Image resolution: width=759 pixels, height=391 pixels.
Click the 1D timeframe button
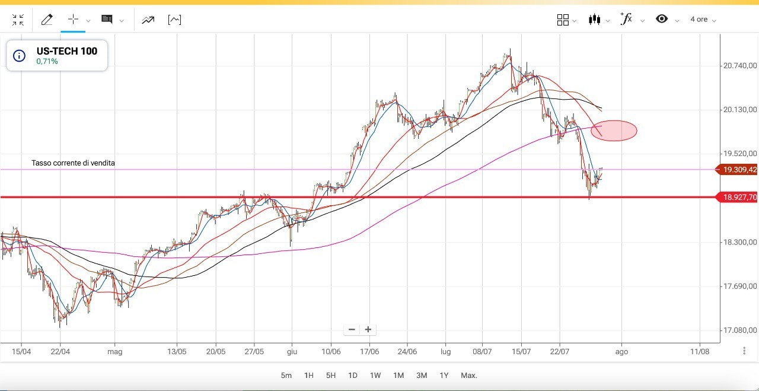click(352, 375)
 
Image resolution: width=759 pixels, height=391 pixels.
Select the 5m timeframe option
click(286, 375)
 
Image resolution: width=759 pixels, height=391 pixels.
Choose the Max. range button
click(468, 375)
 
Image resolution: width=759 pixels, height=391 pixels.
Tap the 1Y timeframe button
click(444, 375)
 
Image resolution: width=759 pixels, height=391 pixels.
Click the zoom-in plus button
click(368, 329)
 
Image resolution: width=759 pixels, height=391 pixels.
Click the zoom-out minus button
click(352, 329)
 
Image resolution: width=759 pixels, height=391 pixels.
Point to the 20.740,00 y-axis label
click(740, 65)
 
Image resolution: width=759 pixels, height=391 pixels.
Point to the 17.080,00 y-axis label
click(740, 330)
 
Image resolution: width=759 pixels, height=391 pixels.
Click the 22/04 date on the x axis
click(60, 351)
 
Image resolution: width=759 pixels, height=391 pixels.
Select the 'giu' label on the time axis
click(292, 351)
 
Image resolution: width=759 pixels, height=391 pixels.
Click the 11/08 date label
click(699, 351)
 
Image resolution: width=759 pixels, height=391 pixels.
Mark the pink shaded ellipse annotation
click(614, 131)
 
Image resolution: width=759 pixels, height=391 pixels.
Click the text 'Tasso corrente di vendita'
click(73, 163)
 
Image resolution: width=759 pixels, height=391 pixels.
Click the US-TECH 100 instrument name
click(66, 51)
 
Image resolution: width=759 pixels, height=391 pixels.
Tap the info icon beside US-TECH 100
click(20, 56)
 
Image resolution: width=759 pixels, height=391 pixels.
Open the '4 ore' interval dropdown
click(703, 20)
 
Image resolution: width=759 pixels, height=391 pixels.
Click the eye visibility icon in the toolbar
click(662, 19)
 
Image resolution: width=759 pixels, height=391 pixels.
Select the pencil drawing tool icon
click(47, 20)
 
